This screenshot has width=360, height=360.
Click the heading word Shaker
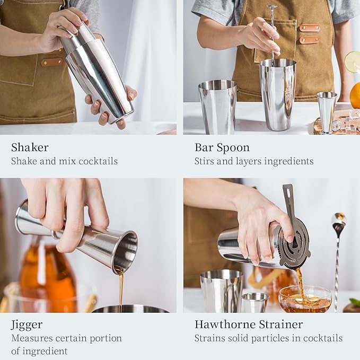[x=30, y=147]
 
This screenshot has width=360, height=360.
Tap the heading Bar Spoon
[x=222, y=147]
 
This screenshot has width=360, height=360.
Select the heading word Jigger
[x=27, y=324]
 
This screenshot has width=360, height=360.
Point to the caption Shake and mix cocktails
[x=64, y=161]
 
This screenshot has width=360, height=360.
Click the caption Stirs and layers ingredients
[x=253, y=161]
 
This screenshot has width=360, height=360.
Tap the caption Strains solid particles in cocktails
[x=268, y=338]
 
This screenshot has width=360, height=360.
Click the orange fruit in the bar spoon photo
[x=355, y=95]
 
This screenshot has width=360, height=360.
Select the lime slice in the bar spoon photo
[x=352, y=62]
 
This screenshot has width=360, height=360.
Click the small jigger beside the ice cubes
[x=326, y=111]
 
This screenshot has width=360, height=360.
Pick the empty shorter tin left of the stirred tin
[x=217, y=106]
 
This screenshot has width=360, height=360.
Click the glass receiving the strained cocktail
[x=304, y=300]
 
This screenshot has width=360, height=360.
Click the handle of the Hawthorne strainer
[x=289, y=201]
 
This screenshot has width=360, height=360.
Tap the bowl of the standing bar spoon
[x=338, y=219]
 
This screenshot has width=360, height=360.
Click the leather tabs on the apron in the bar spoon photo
[x=309, y=33]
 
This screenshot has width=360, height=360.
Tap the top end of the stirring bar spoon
[x=272, y=7]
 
